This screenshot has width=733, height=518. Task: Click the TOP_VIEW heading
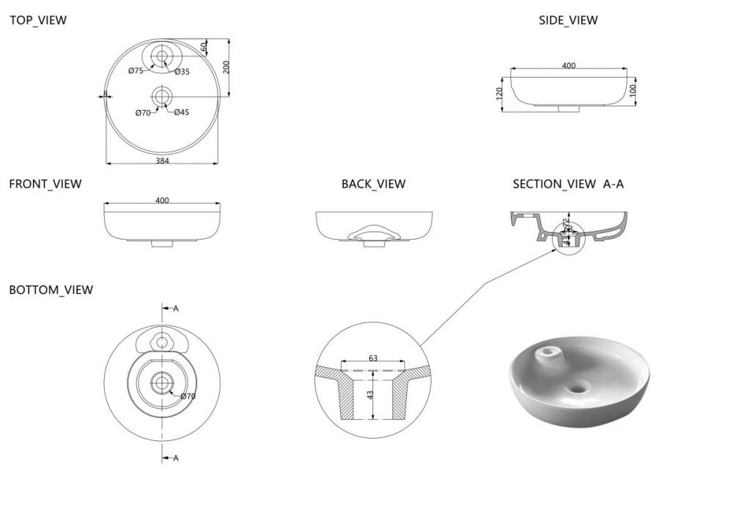coord(37,21)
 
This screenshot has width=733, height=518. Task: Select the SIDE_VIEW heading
coord(568,21)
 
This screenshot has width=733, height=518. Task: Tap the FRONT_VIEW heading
coord(45,184)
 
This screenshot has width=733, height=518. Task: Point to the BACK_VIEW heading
coord(373,184)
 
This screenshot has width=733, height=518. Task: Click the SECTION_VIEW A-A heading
coord(568,184)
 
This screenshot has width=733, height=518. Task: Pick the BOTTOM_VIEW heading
coord(51,290)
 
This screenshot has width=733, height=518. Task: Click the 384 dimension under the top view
coord(162,161)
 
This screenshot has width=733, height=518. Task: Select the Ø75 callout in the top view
coord(135,71)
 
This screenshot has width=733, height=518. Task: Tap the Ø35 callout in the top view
coord(183,71)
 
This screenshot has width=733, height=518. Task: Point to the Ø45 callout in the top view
coord(182,112)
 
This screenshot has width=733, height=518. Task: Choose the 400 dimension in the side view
coord(568,66)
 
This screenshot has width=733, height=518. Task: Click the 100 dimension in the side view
coord(633,89)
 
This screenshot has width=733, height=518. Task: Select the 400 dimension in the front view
coord(162,200)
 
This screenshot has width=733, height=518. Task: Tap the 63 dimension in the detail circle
coord(373,358)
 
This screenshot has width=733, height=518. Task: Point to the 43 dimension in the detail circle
coord(370,395)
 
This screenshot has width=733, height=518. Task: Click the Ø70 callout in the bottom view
coord(188,396)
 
